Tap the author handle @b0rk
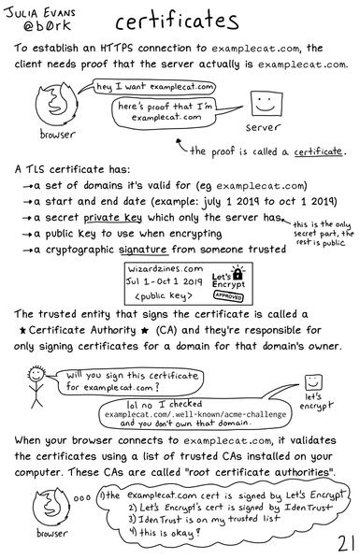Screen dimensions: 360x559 [x=36, y=27]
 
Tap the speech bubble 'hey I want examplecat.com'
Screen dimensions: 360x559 [x=148, y=87]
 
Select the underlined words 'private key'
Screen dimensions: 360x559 [x=148, y=218]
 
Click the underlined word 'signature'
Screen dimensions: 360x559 [x=167, y=250]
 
